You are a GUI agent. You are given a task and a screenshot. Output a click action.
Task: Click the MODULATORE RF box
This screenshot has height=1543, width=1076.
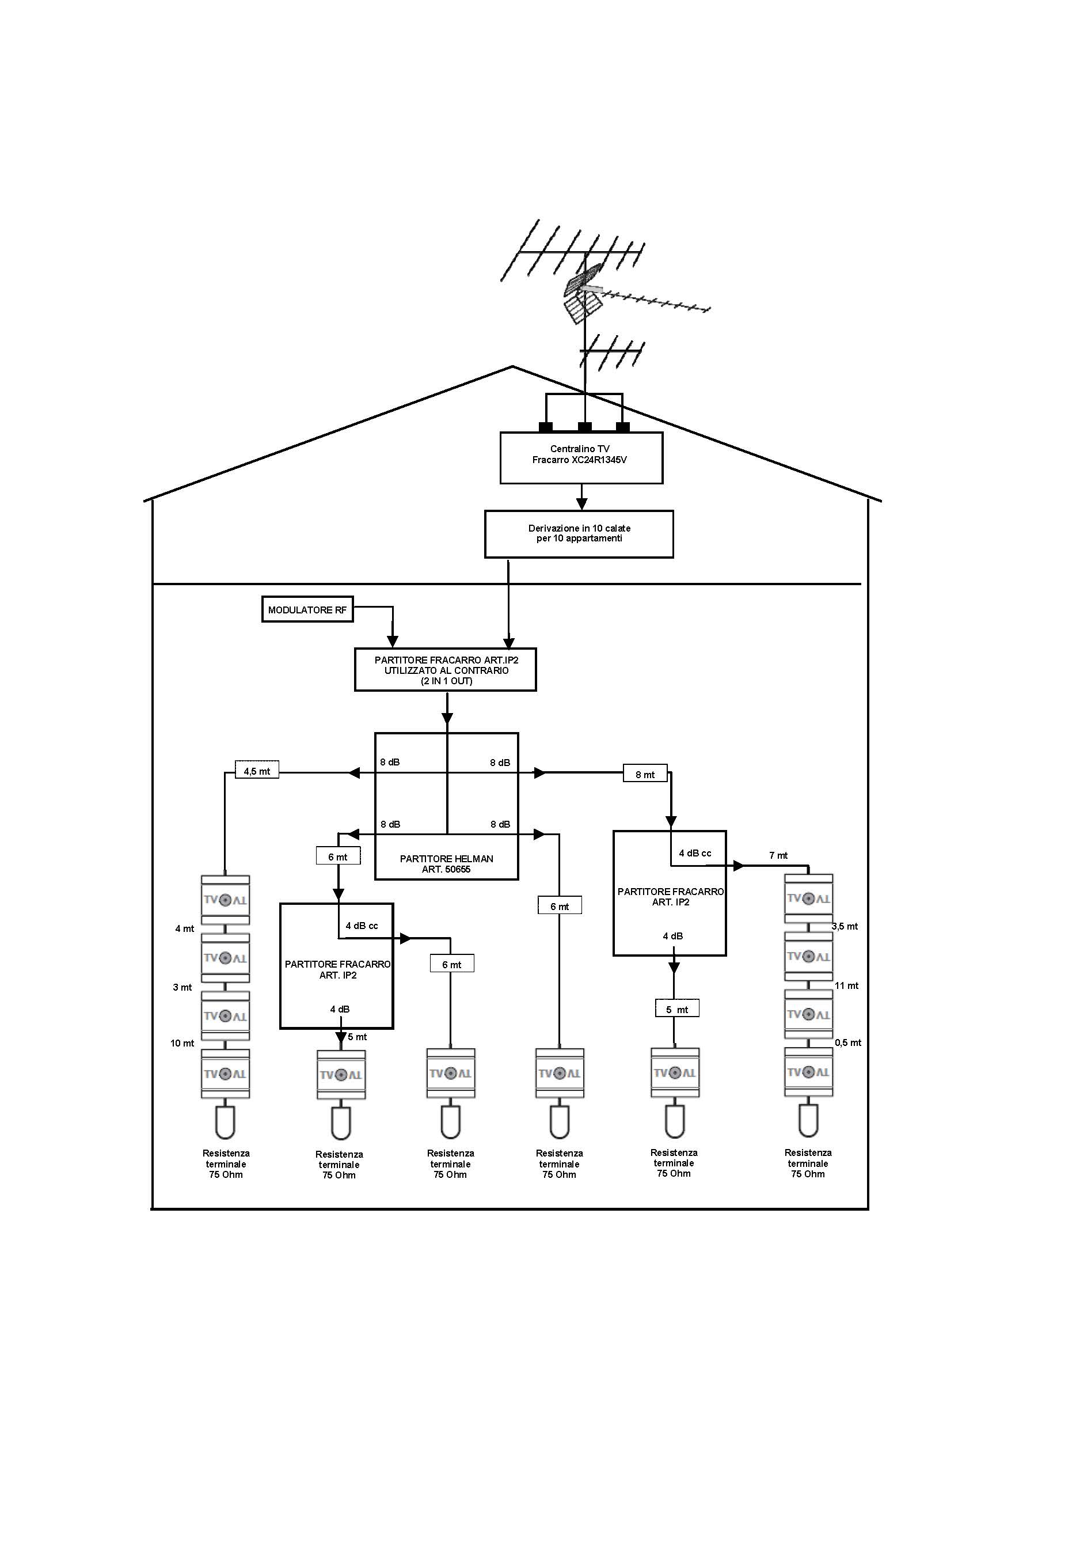307,609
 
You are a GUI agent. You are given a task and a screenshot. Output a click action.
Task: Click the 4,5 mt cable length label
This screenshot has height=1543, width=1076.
257,771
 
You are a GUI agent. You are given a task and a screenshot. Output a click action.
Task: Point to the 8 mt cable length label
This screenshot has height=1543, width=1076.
645,774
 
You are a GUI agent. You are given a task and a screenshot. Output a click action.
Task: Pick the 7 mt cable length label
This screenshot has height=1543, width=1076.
778,855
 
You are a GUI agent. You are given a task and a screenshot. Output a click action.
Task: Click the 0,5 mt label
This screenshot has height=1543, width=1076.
847,1042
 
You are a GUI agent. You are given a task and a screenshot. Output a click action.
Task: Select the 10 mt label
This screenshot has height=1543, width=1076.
182,1043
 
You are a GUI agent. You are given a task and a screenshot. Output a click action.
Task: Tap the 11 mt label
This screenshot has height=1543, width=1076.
846,985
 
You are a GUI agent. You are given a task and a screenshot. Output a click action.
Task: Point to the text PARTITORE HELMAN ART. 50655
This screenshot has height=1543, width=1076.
446,863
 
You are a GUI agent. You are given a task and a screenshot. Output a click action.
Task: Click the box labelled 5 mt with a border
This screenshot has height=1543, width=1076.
677,1010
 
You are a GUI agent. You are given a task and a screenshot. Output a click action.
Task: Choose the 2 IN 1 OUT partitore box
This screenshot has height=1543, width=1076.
446,669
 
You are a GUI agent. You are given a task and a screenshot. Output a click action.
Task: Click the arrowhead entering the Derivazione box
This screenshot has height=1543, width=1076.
581,504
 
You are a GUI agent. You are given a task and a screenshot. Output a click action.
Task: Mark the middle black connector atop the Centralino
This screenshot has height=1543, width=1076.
585,427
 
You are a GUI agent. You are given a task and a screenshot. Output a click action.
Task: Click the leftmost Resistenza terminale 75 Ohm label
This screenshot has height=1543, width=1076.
226,1163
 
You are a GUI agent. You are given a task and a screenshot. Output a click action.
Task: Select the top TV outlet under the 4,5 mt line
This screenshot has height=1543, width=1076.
226,899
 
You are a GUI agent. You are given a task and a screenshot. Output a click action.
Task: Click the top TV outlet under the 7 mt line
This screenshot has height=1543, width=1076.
809,898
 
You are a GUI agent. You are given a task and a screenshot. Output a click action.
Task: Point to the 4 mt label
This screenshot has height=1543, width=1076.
185,929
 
